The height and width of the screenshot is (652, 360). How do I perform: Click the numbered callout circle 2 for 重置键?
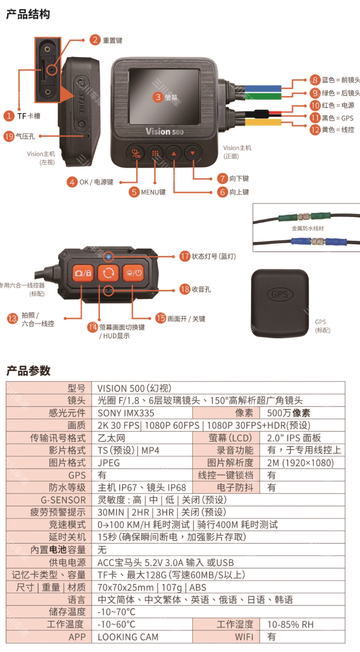[96, 40]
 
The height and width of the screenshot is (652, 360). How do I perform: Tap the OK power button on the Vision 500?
[135, 154]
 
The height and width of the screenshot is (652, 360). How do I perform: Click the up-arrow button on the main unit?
[174, 154]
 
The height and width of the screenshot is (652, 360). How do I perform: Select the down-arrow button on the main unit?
[192, 154]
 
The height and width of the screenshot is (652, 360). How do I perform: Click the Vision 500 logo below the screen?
[164, 131]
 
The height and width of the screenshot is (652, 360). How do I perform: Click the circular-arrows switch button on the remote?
[108, 273]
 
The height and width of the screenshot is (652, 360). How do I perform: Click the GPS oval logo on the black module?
[280, 294]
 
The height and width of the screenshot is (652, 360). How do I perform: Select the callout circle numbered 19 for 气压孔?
[9, 136]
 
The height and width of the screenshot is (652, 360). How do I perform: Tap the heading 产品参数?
[28, 370]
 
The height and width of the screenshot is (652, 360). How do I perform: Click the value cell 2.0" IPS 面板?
[294, 438]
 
